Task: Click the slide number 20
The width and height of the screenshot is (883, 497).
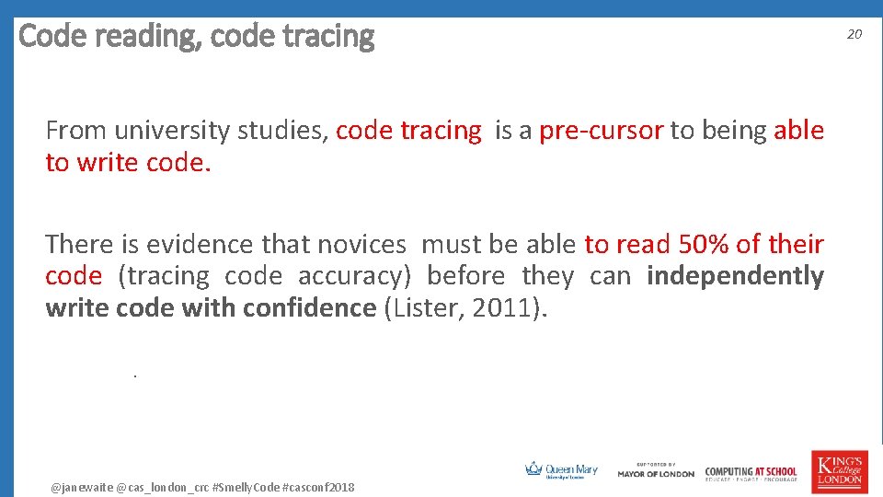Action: (854, 34)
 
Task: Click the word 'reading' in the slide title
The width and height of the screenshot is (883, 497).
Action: (141, 37)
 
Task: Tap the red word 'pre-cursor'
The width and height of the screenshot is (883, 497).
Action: (601, 131)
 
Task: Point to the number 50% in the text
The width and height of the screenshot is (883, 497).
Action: (703, 244)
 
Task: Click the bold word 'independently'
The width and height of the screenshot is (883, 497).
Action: (735, 275)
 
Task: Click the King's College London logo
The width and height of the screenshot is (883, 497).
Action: (838, 471)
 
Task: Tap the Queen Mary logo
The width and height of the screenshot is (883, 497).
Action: (561, 470)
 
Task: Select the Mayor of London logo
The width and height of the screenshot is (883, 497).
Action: (656, 470)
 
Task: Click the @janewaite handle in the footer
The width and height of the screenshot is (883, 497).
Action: (82, 486)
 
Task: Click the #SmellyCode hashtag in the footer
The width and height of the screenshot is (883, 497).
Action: (246, 486)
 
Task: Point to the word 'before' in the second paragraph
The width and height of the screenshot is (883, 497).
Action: (466, 275)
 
